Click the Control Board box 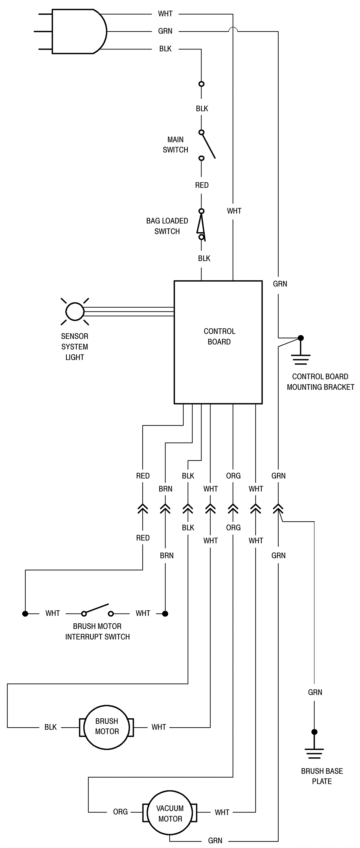pos(218,342)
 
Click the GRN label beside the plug pos(165,31)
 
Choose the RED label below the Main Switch pos(202,185)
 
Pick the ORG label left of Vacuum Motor pos(120,812)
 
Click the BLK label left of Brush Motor pos(50,727)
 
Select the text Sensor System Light pos(75,347)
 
